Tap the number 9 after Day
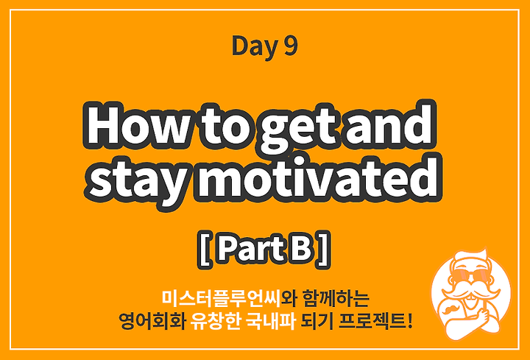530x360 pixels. (290, 46)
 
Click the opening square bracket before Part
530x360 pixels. (205, 251)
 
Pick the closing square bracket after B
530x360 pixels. (323, 251)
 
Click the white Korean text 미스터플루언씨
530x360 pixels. (221, 297)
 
